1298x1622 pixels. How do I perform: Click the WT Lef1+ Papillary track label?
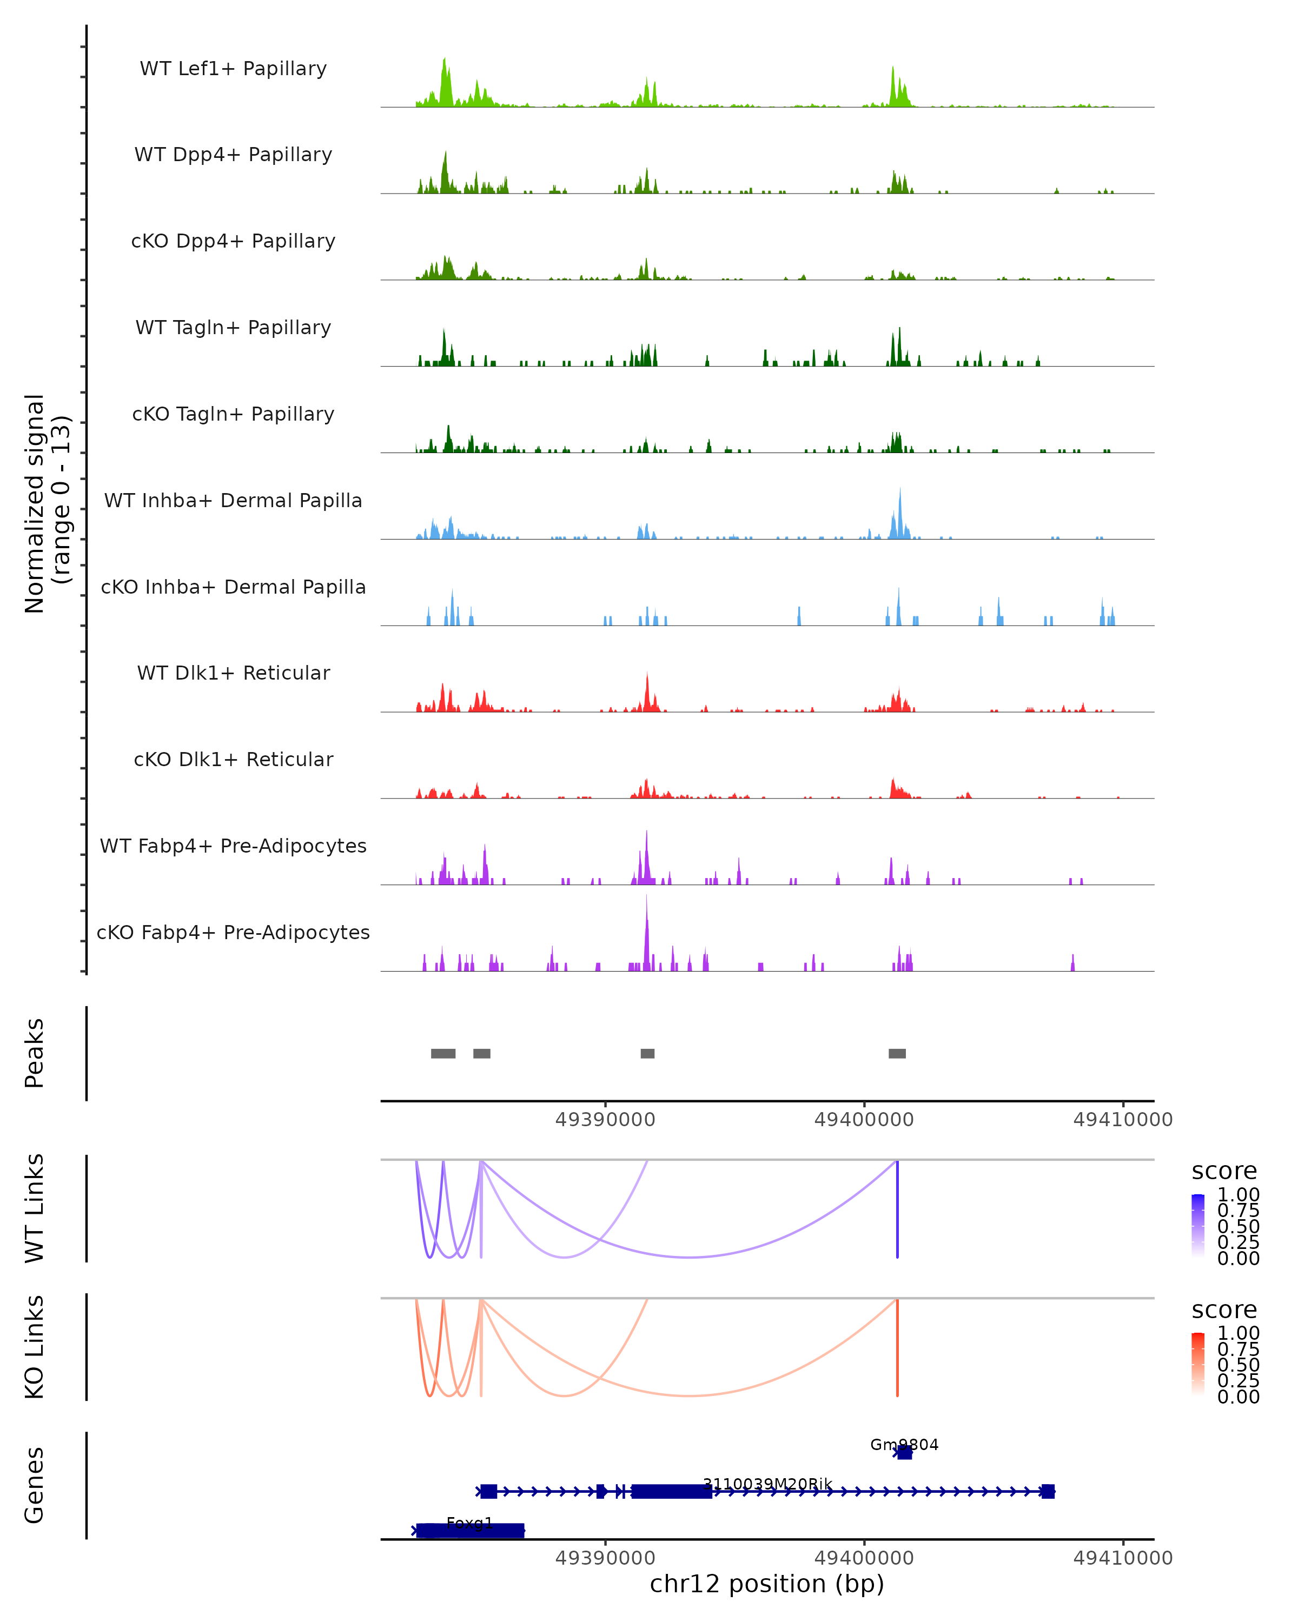click(233, 69)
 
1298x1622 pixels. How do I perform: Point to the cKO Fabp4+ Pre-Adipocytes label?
click(233, 932)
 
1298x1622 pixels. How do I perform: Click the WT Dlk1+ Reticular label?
click(233, 673)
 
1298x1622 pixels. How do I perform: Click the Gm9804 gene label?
click(904, 1445)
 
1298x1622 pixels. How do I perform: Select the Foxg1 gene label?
click(469, 1524)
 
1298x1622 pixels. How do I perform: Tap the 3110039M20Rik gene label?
click(767, 1484)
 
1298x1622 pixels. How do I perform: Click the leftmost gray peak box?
click(443, 1053)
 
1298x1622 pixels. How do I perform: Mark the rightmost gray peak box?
click(897, 1053)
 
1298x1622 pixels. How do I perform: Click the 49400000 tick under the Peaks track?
click(864, 1120)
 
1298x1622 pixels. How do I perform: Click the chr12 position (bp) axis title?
click(767, 1584)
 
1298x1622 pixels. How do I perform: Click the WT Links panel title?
click(35, 1208)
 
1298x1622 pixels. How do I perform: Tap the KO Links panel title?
click(35, 1347)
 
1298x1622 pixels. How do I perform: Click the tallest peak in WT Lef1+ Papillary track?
click(444, 60)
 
